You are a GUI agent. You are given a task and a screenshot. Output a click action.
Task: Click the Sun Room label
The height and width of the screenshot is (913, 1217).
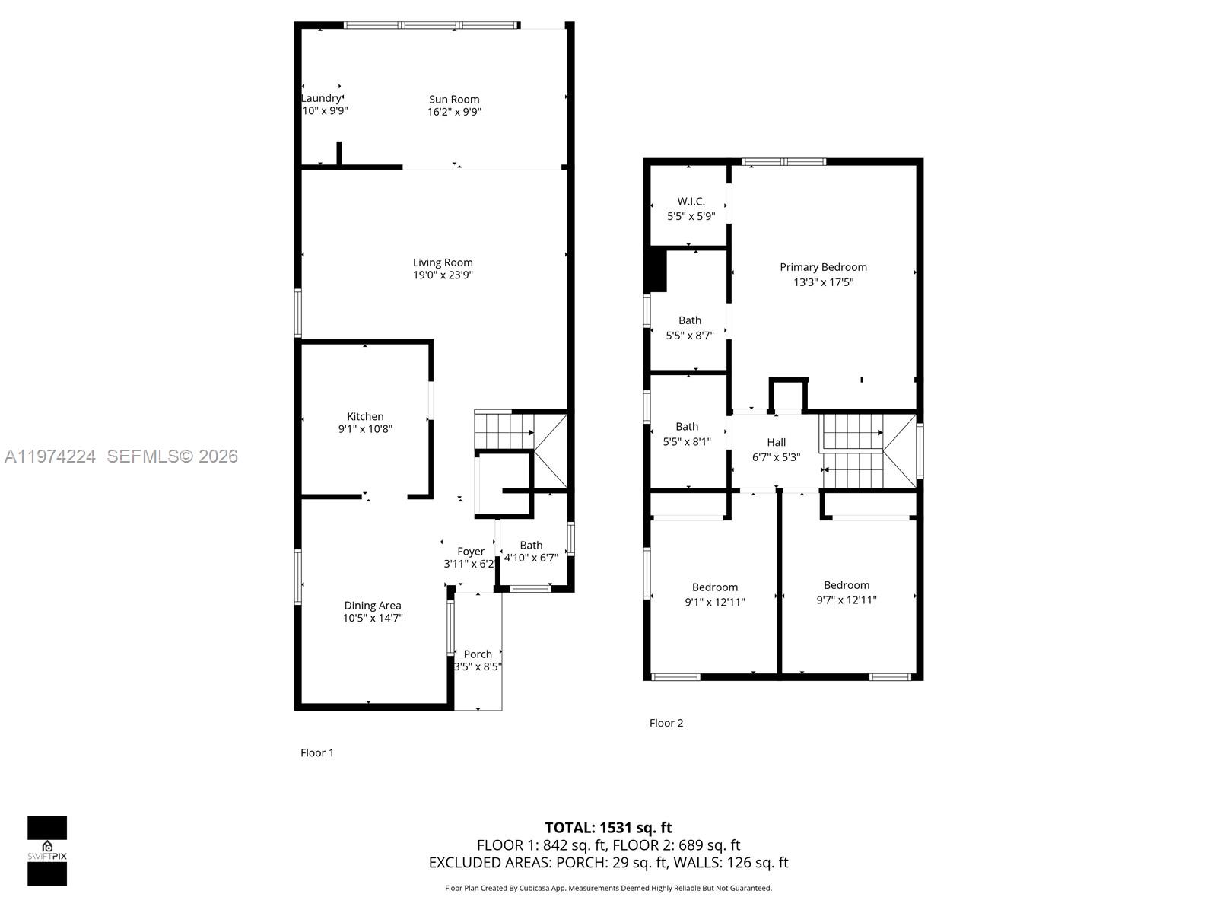454,99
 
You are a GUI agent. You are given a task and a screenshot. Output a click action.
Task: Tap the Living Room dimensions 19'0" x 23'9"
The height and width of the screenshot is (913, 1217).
443,275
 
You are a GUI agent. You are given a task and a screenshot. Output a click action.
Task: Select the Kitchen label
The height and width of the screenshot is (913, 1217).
365,416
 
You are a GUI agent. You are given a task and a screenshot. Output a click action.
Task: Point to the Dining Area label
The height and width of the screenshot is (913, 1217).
372,606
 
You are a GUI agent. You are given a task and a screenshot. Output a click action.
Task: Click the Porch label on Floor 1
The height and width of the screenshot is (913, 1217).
478,654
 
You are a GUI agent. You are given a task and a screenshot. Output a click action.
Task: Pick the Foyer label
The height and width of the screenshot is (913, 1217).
471,552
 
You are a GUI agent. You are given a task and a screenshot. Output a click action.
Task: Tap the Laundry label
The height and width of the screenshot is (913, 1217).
321,98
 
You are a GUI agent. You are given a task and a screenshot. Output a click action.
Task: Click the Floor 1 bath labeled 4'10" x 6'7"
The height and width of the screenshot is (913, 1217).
531,551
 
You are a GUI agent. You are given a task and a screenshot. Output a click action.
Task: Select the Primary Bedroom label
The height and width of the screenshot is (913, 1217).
823,267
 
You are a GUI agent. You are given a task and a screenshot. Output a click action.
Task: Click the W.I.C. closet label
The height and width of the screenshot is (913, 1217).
691,202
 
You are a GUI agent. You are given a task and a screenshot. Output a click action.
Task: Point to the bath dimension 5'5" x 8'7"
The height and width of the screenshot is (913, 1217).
690,335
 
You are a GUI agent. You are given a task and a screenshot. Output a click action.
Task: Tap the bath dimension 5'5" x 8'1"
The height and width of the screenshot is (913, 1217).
687,441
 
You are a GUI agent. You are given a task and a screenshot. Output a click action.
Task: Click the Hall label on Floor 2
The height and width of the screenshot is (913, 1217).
776,442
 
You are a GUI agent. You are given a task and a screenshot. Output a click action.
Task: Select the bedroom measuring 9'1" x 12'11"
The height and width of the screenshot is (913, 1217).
714,594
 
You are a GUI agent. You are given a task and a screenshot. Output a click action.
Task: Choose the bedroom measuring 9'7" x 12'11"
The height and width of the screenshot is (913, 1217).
846,592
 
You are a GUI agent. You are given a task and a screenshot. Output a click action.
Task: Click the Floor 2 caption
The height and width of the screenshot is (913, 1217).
666,723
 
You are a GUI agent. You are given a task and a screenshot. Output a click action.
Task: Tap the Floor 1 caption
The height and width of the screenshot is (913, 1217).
317,752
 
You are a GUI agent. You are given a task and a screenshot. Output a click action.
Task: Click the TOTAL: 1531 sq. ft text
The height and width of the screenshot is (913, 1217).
608,827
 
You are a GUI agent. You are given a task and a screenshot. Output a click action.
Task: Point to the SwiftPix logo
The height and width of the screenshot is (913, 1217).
47,851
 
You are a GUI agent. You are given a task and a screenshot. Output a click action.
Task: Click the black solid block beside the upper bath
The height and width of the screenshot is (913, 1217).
656,270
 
